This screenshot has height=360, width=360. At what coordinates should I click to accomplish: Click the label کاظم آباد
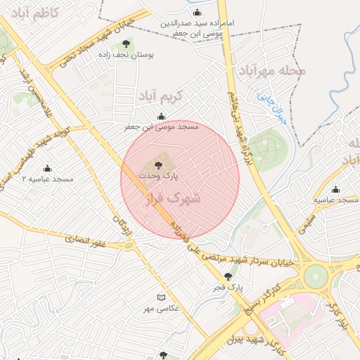tap(29, 13)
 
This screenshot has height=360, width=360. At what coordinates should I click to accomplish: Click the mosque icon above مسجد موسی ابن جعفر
tap(162, 117)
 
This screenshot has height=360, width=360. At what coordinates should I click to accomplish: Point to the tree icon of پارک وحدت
tap(157, 164)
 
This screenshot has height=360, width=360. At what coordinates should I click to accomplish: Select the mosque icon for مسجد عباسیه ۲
tap(48, 169)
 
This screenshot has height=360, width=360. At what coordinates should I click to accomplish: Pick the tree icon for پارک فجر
tap(225, 278)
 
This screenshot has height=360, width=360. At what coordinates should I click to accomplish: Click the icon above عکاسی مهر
tap(161, 298)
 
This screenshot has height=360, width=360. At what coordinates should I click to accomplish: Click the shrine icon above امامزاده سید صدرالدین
tap(196, 12)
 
